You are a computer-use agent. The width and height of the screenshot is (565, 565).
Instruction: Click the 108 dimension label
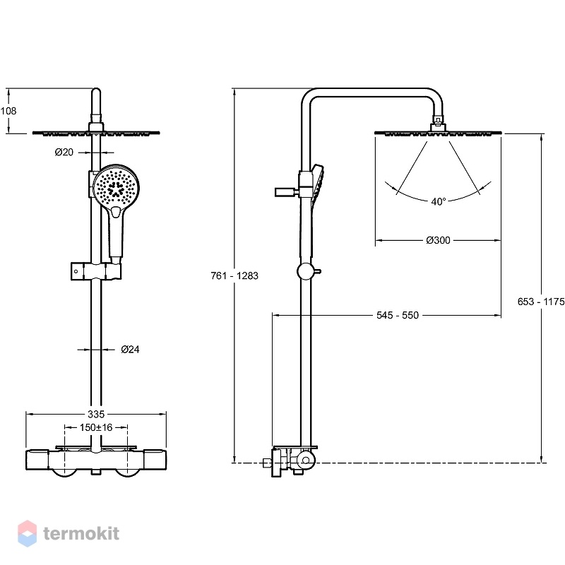coord(8,111)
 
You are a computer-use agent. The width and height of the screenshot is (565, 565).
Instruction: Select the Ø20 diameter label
coord(64,152)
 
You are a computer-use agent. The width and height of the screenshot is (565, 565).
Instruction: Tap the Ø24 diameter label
coord(130,349)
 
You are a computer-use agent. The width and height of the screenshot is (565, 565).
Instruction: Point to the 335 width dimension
coord(96,414)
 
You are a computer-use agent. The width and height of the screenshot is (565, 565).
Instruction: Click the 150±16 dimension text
coord(96,427)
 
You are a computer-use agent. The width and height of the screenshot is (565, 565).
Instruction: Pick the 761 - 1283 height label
coord(234,275)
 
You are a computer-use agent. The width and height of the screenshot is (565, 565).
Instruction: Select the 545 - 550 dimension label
coord(398,315)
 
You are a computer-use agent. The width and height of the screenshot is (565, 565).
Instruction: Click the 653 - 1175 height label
coord(541,302)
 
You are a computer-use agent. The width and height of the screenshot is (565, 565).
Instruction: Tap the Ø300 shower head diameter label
coord(438,240)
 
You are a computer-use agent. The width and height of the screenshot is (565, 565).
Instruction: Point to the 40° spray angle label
coord(439,201)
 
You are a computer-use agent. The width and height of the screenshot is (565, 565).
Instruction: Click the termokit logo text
coord(81,533)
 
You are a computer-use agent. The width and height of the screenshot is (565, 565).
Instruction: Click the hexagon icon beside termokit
coord(28,534)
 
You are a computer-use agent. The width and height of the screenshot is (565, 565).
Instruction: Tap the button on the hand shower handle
coord(117,213)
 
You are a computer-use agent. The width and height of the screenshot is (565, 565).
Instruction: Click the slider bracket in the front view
coord(96,271)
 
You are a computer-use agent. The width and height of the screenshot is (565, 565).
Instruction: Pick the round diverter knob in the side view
coord(306,272)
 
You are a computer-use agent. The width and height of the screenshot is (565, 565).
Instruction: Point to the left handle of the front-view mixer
coord(37,460)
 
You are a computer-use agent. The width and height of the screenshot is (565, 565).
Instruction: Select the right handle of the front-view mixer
coord(155,460)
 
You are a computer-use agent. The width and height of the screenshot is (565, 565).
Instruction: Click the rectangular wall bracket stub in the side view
coord(285,191)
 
